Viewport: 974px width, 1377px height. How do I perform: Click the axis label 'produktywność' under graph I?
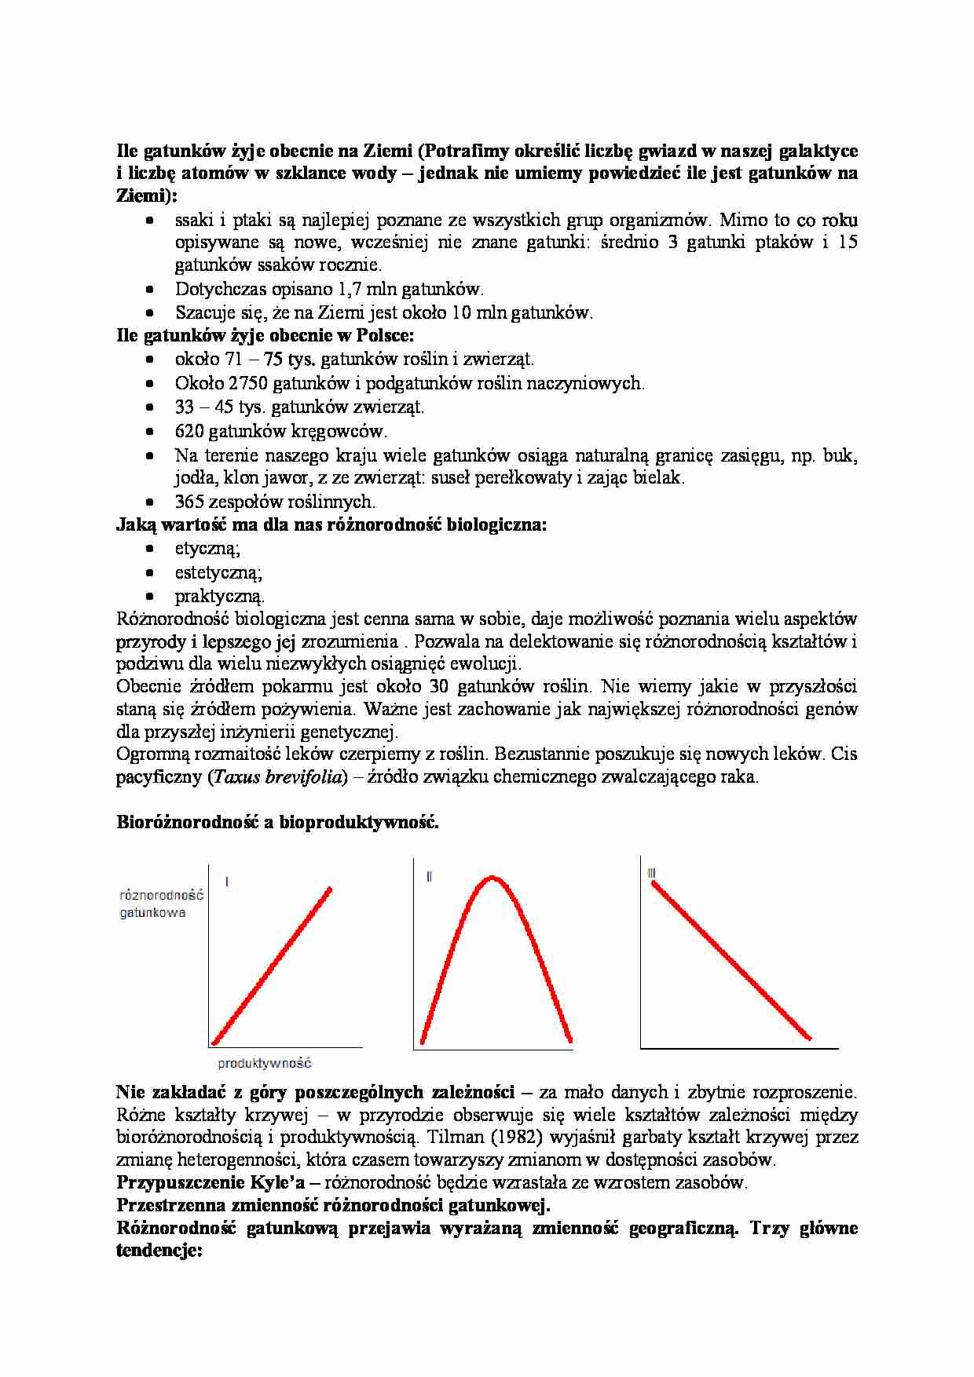coord(264,1063)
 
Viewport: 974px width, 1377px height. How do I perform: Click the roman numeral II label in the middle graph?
coord(429,877)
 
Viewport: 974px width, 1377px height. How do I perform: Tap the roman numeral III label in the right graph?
coord(651,873)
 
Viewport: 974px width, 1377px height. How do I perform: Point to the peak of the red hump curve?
coord(492,878)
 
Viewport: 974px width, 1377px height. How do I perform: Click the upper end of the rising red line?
coord(329,889)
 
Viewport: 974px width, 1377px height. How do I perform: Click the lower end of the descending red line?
coord(808,1037)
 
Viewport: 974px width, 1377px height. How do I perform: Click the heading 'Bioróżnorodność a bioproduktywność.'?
coord(277,822)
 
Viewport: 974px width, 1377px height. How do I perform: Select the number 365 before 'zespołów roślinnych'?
coord(189,501)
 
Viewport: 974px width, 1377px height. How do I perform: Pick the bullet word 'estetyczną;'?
coord(218,572)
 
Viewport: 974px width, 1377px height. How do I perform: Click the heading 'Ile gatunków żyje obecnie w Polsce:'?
coord(265,335)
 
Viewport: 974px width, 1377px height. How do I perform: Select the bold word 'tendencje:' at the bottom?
coord(159,1251)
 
